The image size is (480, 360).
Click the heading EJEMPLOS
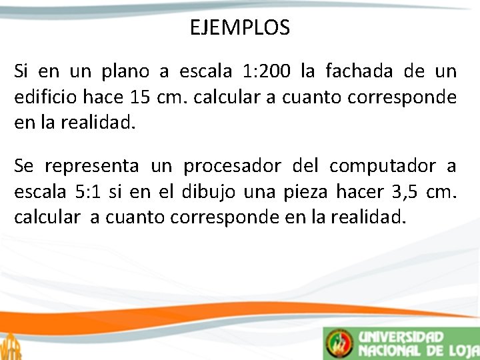pyautogui.click(x=239, y=28)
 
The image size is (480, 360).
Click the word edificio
pyautogui.click(x=45, y=97)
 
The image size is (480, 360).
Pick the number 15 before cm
pyautogui.click(x=139, y=97)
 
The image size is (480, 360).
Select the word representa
pyautogui.click(x=91, y=165)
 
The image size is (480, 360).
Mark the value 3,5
pyautogui.click(x=403, y=192)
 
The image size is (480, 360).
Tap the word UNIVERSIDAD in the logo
pyautogui.click(x=401, y=337)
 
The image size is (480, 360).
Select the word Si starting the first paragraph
pyautogui.click(x=21, y=71)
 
